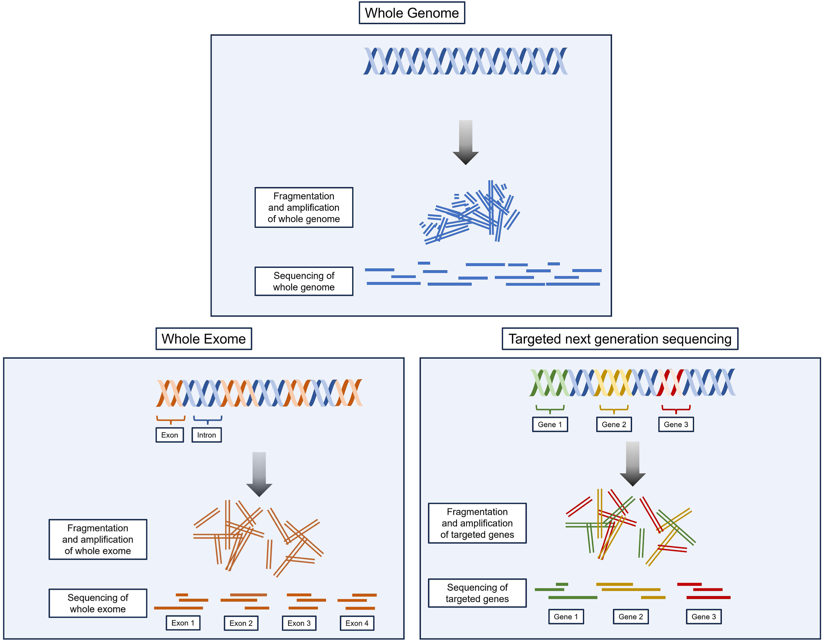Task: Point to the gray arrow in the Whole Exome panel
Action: pyautogui.click(x=259, y=474)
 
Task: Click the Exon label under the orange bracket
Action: pyautogui.click(x=170, y=435)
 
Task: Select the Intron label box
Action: pyautogui.click(x=206, y=435)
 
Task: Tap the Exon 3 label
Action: pyautogui.click(x=299, y=623)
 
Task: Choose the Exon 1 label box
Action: pyautogui.click(x=183, y=623)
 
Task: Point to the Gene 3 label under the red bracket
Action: pyautogui.click(x=676, y=424)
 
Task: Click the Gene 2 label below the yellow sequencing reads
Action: pyautogui.click(x=630, y=617)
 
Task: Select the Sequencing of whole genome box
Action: pyautogui.click(x=304, y=281)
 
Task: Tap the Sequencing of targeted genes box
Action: pyautogui.click(x=477, y=593)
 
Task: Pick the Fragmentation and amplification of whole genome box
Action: pyautogui.click(x=304, y=207)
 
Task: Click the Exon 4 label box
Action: pyautogui.click(x=357, y=623)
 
